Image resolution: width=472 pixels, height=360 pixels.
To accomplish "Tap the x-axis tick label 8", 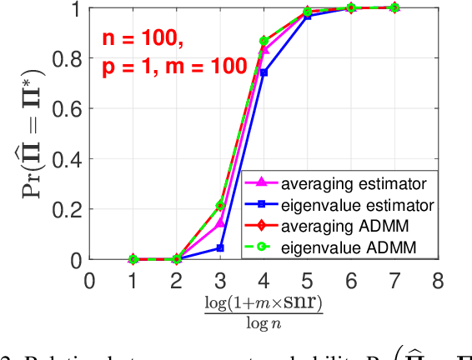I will click(438, 280).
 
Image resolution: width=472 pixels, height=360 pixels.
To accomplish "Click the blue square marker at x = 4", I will click(264, 72).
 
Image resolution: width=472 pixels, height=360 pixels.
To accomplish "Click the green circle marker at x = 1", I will click(133, 259).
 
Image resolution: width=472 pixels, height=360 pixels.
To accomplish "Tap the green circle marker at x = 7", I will click(394, 7).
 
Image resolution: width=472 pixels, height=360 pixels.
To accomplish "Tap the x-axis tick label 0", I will click(90, 280).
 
